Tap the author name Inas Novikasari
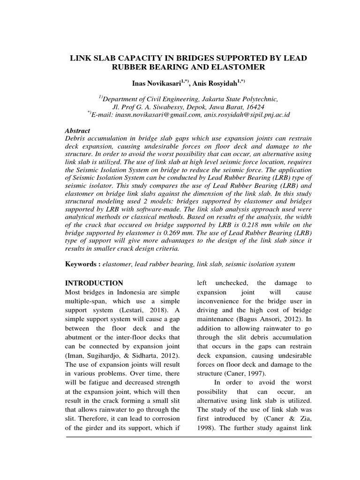(152, 83)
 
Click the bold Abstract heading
(77, 131)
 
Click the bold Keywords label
(82, 264)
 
